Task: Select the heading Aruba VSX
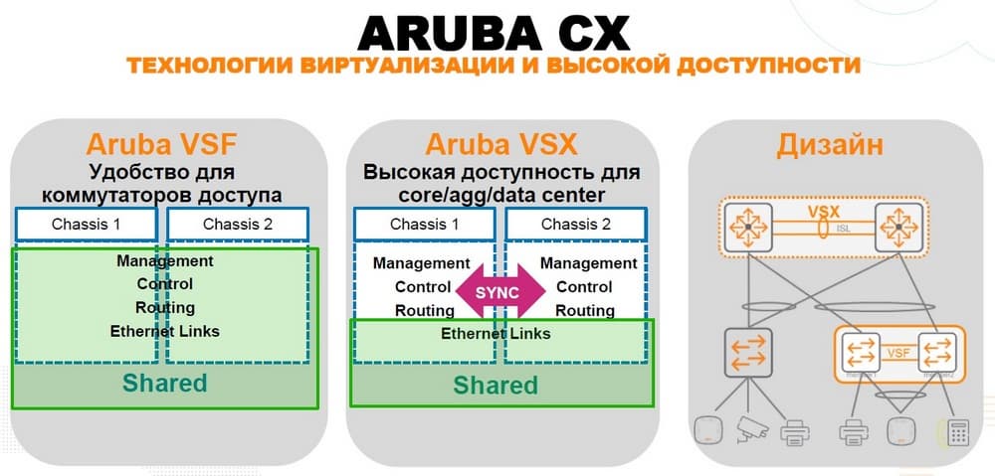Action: pyautogui.click(x=500, y=144)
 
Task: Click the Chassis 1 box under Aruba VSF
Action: pyautogui.click(x=87, y=224)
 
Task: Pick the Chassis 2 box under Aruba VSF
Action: pyautogui.click(x=237, y=224)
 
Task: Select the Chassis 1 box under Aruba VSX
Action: pyautogui.click(x=425, y=224)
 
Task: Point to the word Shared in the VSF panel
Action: pyautogui.click(x=164, y=383)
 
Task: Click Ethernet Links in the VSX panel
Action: pyautogui.click(x=496, y=334)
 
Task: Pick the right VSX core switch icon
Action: pyautogui.click(x=897, y=229)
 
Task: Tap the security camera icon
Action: pyautogui.click(x=749, y=431)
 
